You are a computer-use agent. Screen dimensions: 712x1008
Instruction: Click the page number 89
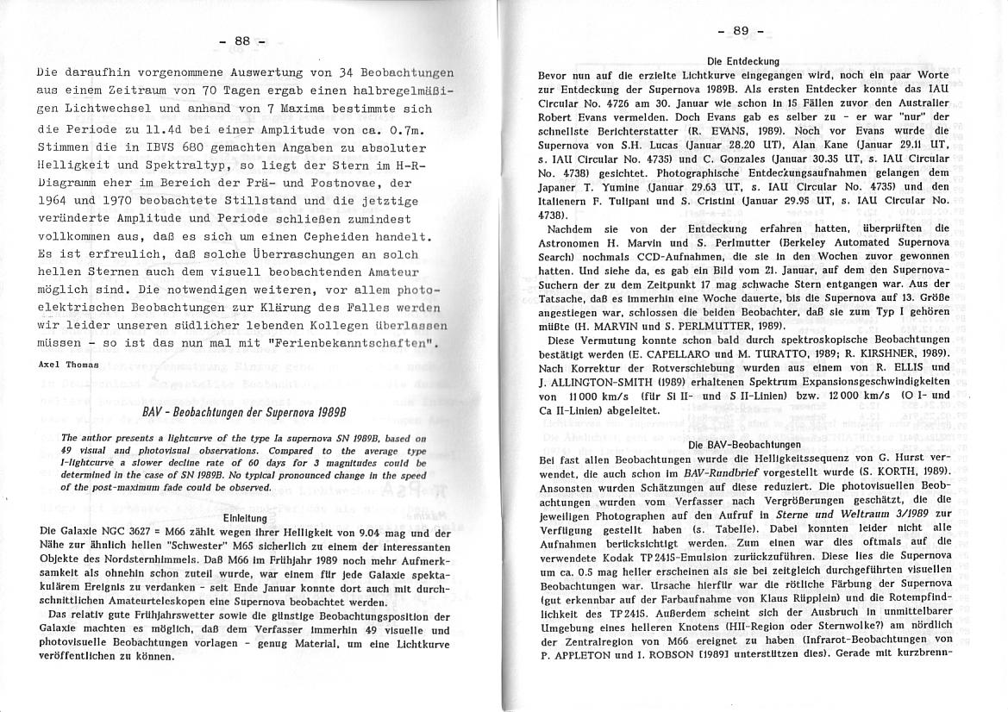click(x=742, y=32)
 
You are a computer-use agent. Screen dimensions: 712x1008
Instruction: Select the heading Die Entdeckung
click(x=742, y=61)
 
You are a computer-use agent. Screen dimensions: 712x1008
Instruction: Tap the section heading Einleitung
click(x=246, y=519)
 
